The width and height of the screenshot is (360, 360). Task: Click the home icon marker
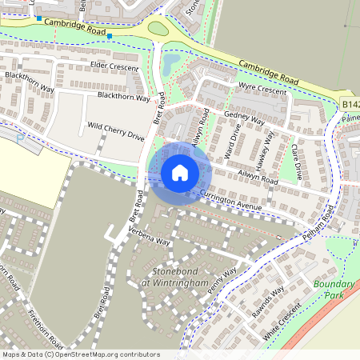[180, 172]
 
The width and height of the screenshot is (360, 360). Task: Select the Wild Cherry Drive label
[116, 132]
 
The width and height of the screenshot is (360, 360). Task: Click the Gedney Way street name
[244, 118]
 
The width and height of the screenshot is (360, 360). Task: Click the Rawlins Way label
[266, 302]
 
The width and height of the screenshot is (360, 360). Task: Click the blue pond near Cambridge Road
[171, 62]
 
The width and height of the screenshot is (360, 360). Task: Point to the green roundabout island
[158, 29]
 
